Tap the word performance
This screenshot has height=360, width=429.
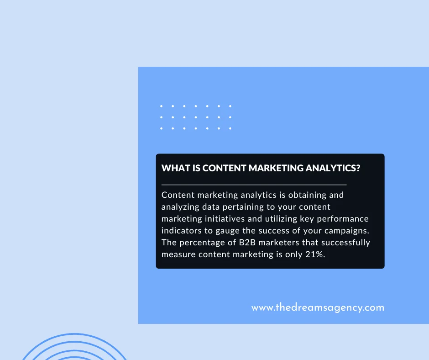coord(338,219)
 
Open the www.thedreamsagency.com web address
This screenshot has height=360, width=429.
coord(318,307)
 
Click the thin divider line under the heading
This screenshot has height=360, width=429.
coord(254,185)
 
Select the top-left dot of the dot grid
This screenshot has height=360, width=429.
coord(162,106)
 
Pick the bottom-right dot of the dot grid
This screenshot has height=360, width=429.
coord(230,128)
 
